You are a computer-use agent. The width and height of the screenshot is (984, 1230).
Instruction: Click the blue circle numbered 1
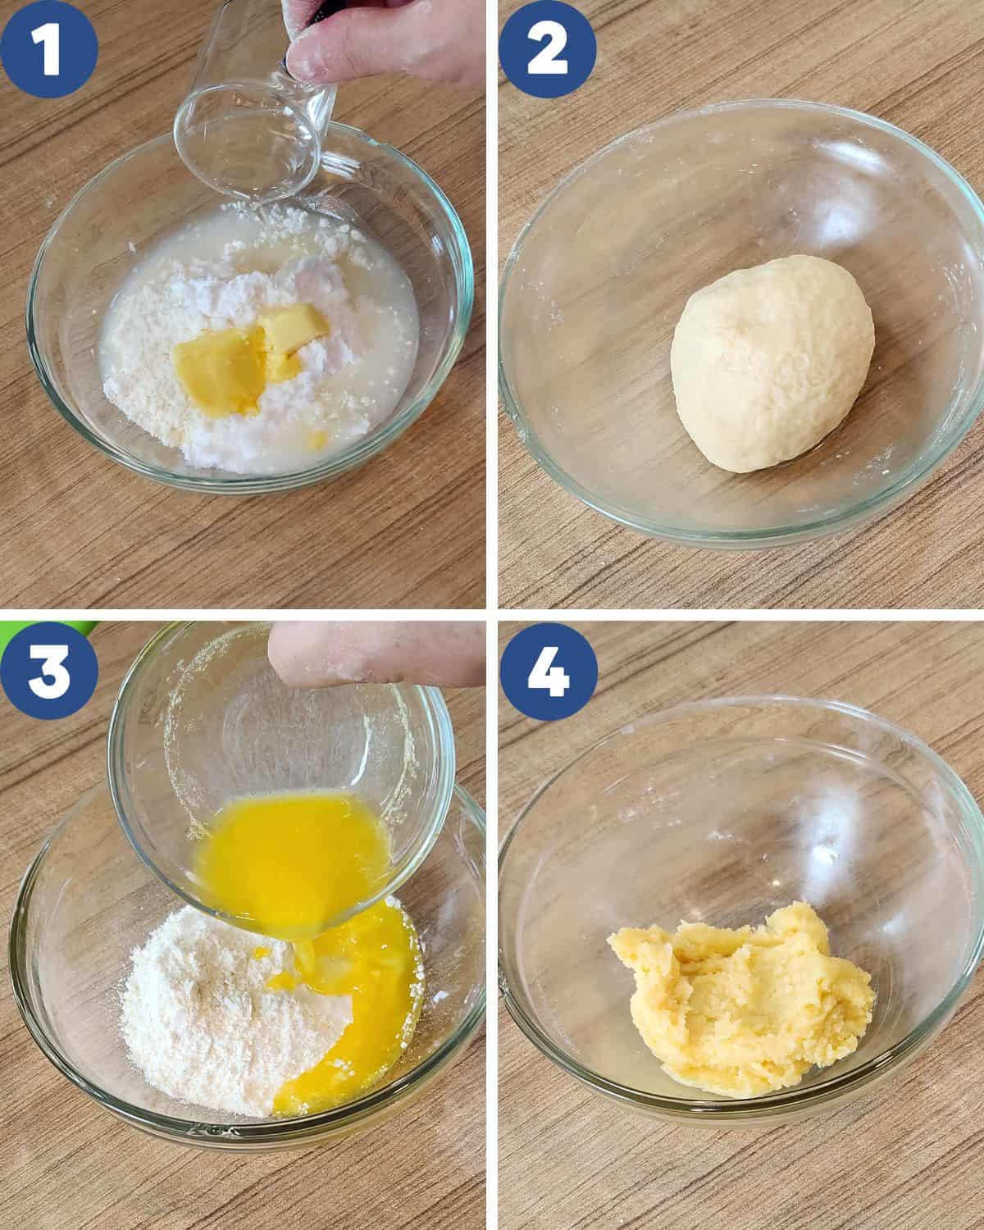49,49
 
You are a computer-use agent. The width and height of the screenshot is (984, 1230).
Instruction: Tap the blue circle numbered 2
548,49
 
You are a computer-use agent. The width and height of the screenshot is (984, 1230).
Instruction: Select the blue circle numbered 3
49,671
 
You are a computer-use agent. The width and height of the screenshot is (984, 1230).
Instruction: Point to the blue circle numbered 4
549,672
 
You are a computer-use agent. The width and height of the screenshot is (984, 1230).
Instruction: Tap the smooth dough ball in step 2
772,364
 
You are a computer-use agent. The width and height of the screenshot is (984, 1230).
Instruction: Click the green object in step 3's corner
46,627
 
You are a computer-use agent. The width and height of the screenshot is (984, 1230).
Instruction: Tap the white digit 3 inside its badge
48,672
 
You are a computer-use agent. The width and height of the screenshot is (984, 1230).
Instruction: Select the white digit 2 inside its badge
547,49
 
